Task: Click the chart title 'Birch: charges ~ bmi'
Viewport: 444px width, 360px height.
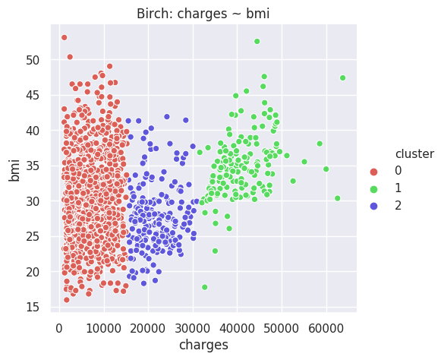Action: (203, 14)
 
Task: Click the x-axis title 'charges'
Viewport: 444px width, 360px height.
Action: (203, 346)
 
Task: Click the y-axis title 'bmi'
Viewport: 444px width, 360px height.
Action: (14, 170)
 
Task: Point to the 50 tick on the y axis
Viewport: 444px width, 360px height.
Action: (33, 60)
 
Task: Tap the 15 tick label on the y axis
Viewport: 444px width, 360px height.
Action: (33, 307)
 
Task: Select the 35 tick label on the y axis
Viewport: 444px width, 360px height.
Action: (33, 166)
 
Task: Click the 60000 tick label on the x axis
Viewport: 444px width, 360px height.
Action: (326, 329)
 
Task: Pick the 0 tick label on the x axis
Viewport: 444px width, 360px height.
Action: (59, 329)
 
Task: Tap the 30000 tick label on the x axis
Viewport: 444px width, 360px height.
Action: (193, 329)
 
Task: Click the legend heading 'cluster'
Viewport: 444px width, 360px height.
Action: (414, 154)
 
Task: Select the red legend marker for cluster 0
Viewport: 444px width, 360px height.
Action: (373, 172)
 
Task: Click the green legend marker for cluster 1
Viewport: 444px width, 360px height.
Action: (373, 189)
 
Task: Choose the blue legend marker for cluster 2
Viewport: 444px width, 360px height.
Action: (373, 207)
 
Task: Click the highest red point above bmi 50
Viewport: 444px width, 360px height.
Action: (65, 37)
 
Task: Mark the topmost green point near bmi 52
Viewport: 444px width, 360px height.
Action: (257, 41)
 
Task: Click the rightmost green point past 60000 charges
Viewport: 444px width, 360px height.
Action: (342, 77)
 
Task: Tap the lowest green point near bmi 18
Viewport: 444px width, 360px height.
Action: (205, 287)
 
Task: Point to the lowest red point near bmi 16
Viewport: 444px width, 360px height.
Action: (67, 300)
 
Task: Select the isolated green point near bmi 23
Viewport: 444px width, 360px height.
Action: (215, 251)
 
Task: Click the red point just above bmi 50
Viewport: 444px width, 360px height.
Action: (70, 57)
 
